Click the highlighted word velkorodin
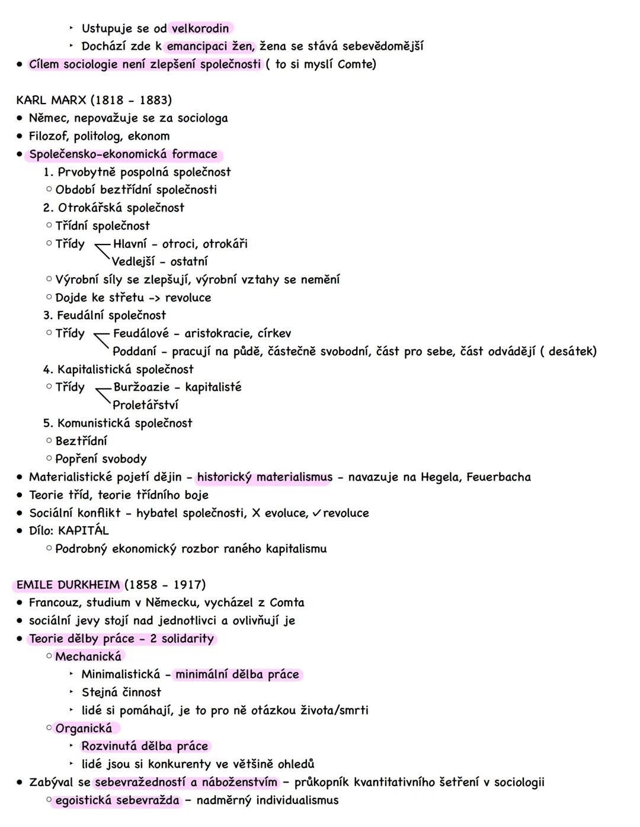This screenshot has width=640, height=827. [200, 28]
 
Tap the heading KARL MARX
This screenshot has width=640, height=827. [52, 100]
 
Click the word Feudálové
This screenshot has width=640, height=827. [140, 333]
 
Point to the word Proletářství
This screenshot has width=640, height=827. [145, 405]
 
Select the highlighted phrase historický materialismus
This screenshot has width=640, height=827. [264, 477]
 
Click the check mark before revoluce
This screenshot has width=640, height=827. [317, 513]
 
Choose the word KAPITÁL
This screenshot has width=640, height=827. [84, 531]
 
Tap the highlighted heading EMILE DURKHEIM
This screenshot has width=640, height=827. [68, 585]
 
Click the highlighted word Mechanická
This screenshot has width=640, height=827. [88, 657]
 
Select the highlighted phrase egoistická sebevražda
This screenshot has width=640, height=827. [117, 800]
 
